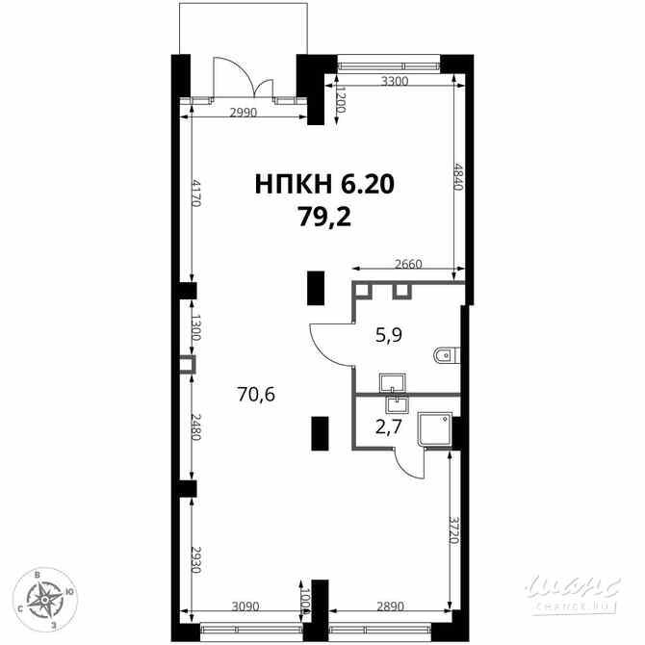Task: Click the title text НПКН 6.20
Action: pos(324,184)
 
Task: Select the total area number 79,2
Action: pos(324,217)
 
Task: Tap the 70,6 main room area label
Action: pos(256,395)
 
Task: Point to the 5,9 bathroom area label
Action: pos(389,335)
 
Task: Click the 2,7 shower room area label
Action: pos(388,427)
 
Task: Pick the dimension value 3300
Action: pos(395,81)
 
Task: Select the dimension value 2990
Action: pos(244,113)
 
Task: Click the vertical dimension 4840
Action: pos(458,176)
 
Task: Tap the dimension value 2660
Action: pos(408,264)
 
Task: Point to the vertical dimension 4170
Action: pos(195,193)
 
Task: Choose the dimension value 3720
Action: pos(453,529)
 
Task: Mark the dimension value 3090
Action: pos(245,606)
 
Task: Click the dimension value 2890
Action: pos(391,606)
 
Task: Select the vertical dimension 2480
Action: pos(195,426)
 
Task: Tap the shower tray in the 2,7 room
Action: pos(435,429)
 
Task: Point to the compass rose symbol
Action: pos(45,600)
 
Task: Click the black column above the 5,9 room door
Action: pos(316,288)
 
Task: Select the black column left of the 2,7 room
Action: pos(320,433)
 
